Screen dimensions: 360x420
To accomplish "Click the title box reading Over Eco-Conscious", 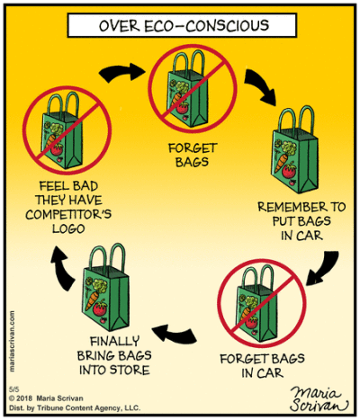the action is pyautogui.click(x=182, y=25).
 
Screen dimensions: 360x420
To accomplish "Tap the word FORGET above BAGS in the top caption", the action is pyautogui.click(x=193, y=148).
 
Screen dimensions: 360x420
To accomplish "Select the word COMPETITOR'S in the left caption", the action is pyautogui.click(x=68, y=214).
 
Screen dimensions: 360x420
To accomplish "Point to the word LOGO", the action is pyautogui.click(x=68, y=228).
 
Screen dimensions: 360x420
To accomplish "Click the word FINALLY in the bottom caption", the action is pyautogui.click(x=114, y=342).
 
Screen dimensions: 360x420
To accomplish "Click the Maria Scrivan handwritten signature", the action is pyautogui.click(x=319, y=399).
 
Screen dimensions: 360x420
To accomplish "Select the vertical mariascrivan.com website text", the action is pyautogui.click(x=12, y=341).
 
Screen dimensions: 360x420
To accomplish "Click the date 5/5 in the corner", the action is pyautogui.click(x=13, y=389).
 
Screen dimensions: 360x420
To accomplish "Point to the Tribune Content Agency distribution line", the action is pyautogui.click(x=75, y=408).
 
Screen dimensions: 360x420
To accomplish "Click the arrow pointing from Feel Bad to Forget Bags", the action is pyautogui.click(x=121, y=73).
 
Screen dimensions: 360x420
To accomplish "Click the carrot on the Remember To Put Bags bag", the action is pyautogui.click(x=282, y=162).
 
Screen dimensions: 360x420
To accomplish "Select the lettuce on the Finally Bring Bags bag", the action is pyautogui.click(x=100, y=285).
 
